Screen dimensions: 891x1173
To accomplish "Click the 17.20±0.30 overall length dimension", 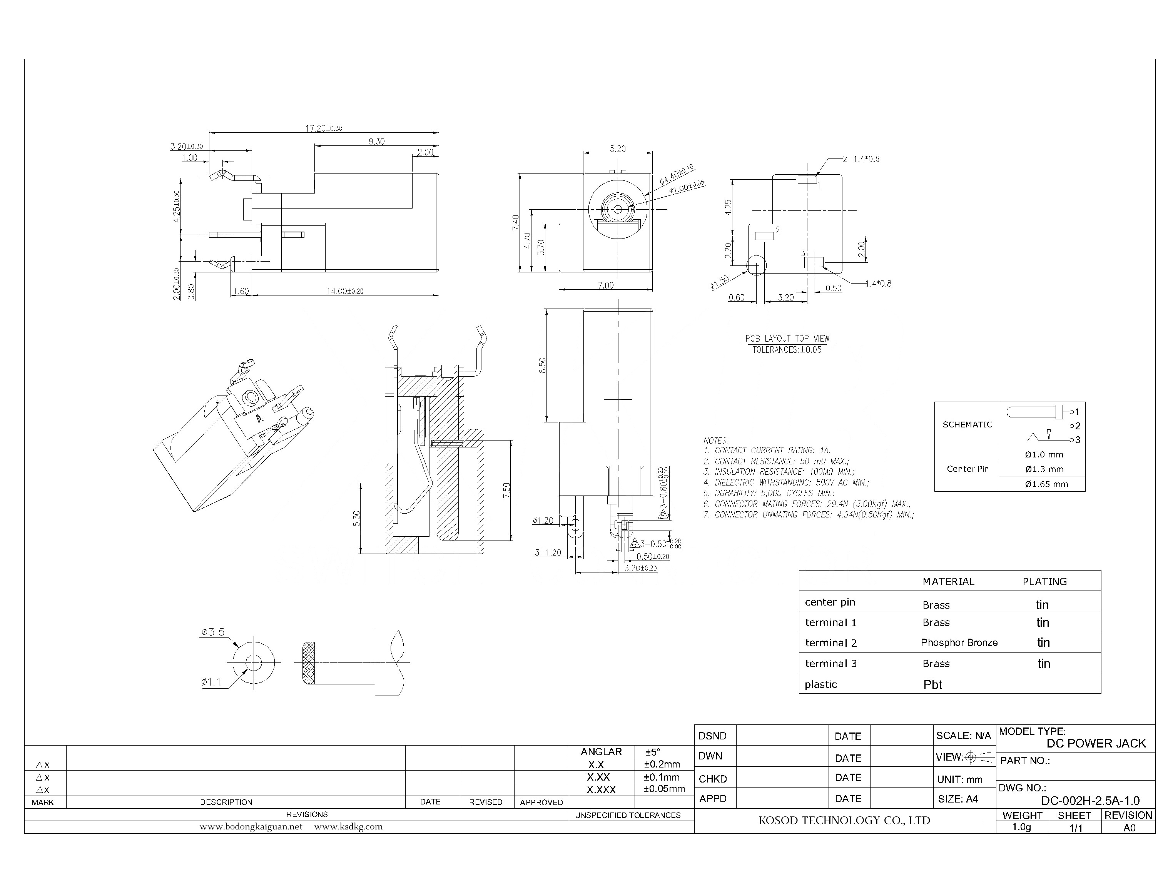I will pos(323,128).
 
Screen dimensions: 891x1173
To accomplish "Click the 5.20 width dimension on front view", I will pos(618,149).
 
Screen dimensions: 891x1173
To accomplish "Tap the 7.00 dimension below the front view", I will pos(605,285).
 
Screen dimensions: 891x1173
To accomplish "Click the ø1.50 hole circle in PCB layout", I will pos(756,264).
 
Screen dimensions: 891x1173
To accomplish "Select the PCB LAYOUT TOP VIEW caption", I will pos(787,339).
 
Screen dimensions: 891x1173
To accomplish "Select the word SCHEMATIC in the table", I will pos(967,424).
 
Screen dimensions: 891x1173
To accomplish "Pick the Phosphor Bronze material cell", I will pos(959,643).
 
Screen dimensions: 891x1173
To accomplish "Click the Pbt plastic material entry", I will pos(933,685).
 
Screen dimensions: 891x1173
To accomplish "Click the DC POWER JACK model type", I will pos(1096,744).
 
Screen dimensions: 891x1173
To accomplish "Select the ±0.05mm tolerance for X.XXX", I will pos(664,789).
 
